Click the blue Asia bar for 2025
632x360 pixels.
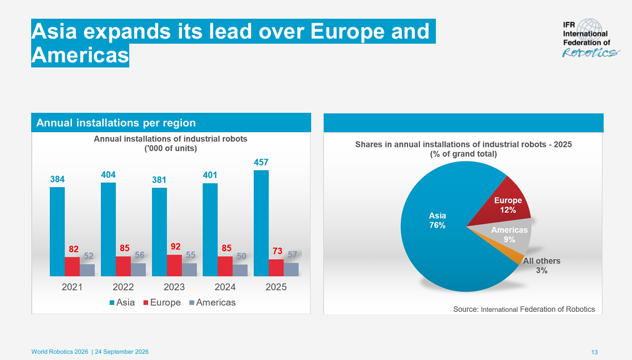(261, 223)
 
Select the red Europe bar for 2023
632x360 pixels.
(175, 265)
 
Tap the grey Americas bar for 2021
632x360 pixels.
(87, 270)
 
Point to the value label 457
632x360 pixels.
(261, 163)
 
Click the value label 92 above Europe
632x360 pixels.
(175, 247)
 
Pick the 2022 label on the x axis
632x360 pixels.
(123, 287)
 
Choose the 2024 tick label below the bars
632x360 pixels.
(225, 287)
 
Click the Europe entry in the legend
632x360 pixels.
(162, 302)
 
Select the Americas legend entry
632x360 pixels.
(213, 302)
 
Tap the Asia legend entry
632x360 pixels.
(122, 302)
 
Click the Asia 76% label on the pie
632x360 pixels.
(438, 220)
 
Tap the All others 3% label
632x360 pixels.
(542, 266)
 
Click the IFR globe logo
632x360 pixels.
(589, 31)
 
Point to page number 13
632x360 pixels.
(595, 352)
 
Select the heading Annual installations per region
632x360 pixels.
(116, 122)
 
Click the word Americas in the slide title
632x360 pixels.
(80, 55)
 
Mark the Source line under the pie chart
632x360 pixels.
(524, 309)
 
